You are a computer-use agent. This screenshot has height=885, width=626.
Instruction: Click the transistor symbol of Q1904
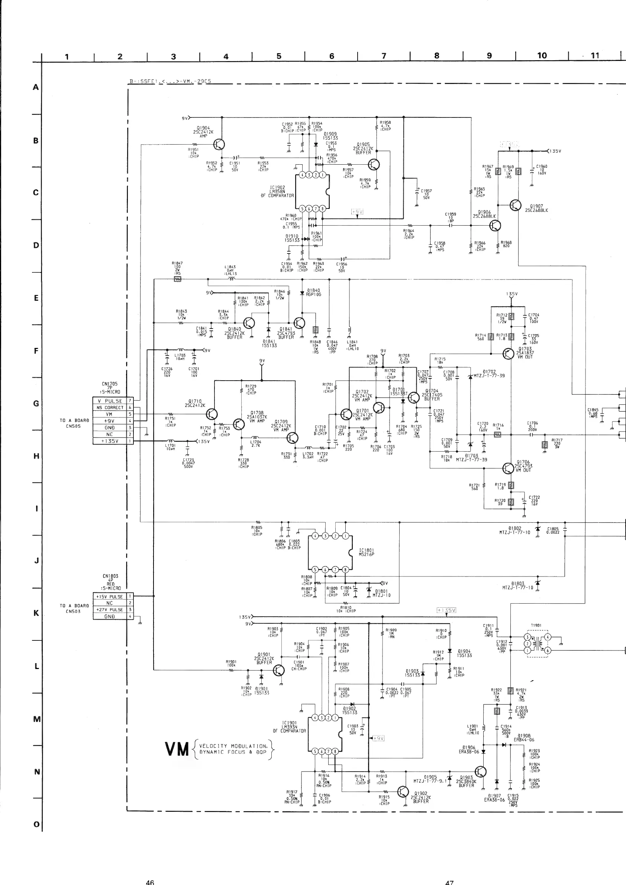coord(219,145)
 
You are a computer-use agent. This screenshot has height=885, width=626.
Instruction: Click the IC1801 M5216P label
coord(367,552)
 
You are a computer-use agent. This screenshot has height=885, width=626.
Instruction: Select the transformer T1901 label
coord(536,625)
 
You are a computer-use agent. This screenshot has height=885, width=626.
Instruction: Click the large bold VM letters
coord(177,749)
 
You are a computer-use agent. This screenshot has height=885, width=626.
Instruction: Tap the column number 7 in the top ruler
coord(384,56)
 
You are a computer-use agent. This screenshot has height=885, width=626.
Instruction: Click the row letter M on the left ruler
coord(37,719)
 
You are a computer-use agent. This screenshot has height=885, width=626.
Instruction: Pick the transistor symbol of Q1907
coord(515,206)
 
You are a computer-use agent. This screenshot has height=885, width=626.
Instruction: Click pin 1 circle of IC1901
coord(335,718)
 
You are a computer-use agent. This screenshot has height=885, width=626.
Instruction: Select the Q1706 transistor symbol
coord(509,468)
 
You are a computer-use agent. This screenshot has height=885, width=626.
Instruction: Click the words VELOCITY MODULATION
coord(233,746)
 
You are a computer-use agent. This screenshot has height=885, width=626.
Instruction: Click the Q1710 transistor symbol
coord(212,414)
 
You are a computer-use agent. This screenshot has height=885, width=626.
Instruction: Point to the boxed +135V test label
coord(446,610)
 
